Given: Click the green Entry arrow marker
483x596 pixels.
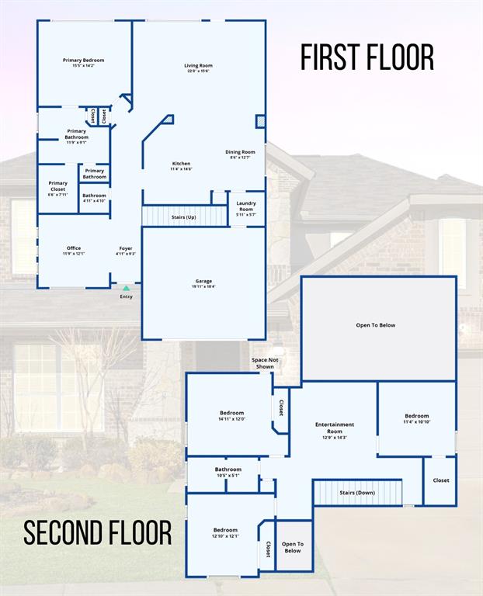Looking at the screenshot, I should [126, 288].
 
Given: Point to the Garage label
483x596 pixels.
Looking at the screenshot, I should [203, 283].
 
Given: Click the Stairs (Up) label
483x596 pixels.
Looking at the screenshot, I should [183, 217].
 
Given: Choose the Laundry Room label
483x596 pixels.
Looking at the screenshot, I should [245, 206].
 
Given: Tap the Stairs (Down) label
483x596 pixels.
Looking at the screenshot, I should [357, 493].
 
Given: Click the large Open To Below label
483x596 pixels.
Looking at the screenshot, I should [376, 325].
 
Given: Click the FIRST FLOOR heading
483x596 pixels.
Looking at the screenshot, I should [367, 58].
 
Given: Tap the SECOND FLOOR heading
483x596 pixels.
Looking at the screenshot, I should [97, 533].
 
